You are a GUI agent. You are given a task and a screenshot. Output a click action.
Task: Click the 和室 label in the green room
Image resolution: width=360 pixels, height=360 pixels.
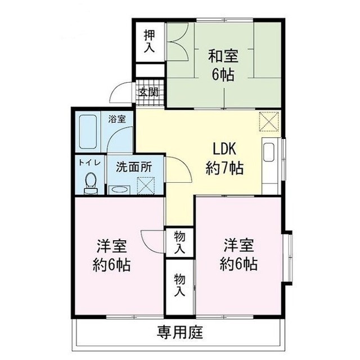223,56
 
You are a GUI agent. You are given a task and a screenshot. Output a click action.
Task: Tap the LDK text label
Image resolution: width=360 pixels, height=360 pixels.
223,149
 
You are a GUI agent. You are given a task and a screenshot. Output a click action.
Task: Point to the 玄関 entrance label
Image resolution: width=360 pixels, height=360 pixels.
148,92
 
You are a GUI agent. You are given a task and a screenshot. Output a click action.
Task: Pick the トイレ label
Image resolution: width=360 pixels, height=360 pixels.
89,162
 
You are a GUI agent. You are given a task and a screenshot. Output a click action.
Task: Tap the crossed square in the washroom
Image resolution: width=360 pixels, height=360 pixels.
146,184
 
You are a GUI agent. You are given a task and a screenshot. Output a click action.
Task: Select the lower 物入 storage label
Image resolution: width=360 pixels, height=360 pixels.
179,285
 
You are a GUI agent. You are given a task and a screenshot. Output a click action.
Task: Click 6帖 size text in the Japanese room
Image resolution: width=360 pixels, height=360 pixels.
223,74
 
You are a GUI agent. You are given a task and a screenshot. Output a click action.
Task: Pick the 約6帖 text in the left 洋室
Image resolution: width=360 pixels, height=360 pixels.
111,264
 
